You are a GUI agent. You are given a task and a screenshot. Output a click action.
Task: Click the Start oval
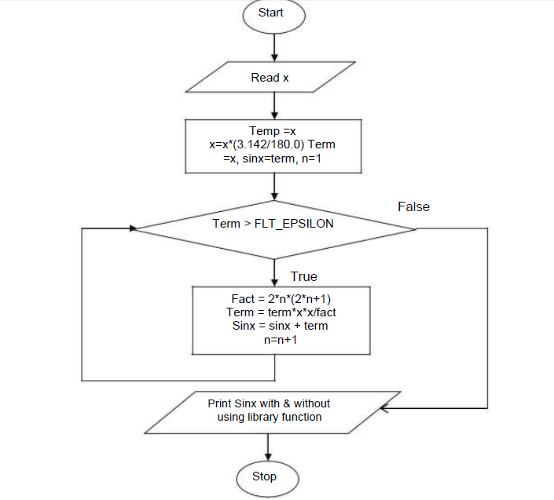(271, 13)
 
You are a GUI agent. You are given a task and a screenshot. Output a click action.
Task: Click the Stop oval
(264, 476)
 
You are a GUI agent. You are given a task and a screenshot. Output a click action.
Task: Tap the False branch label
(413, 206)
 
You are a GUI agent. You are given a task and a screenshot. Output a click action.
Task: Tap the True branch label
(304, 276)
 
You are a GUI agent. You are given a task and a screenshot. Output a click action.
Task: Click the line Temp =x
(273, 130)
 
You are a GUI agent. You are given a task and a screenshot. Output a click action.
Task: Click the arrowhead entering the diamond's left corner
(134, 228)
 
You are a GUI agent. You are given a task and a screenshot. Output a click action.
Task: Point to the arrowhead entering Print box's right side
(383, 408)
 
